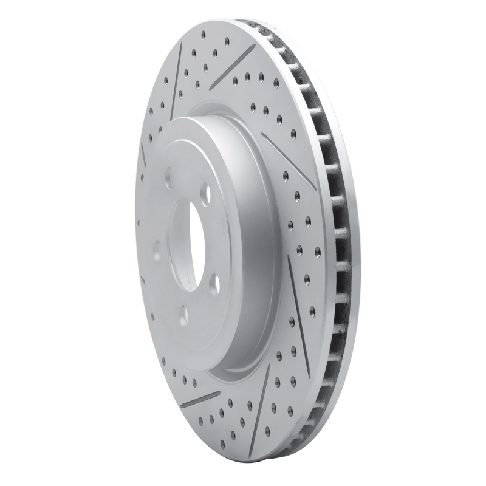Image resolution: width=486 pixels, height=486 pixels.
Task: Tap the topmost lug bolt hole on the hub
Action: pos(168,178)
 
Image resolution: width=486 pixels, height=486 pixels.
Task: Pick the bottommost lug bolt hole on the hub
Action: pos(183,316)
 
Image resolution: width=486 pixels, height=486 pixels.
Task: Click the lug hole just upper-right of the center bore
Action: pos(205,193)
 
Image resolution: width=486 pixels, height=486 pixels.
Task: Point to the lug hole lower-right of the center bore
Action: pos(214,284)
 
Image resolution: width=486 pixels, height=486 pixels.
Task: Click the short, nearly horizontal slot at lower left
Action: pos(200,399)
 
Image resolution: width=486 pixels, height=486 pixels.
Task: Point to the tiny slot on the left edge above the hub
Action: pos(143,155)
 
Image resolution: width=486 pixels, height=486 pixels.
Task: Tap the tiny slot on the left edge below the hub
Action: pos(143,281)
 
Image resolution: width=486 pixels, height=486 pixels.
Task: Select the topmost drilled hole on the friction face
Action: pos(204,35)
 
